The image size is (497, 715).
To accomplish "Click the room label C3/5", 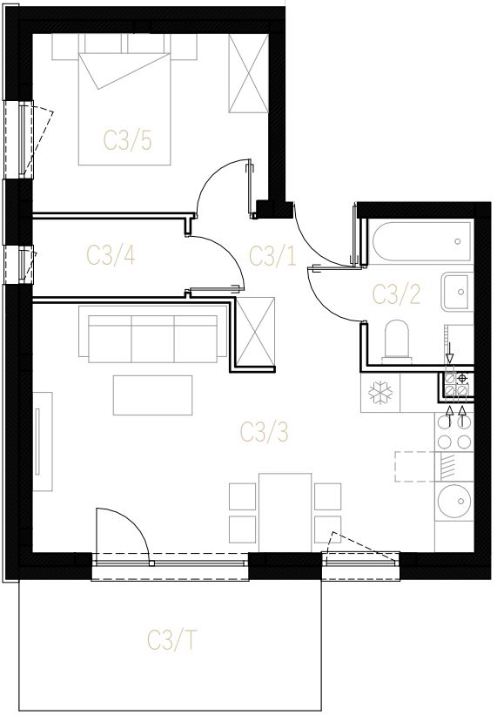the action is (128, 140).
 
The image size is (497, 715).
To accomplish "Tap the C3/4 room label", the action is (111, 255).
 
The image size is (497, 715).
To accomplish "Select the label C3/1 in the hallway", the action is (272, 255).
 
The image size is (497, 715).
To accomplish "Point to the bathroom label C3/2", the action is (396, 294).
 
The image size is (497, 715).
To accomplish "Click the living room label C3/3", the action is (265, 432).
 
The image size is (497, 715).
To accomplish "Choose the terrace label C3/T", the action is (172, 640).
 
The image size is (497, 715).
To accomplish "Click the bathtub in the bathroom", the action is (422, 241).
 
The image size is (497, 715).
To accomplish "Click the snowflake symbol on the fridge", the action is (379, 393).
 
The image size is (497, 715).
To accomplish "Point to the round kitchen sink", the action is (454, 501).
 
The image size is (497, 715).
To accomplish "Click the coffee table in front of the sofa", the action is (152, 395).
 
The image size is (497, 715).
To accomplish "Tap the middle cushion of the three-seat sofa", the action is (153, 339).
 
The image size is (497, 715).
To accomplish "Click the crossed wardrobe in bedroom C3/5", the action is (249, 73).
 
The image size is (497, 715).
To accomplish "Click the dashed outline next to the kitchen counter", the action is (415, 467).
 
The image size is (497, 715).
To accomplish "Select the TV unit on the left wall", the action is (43, 442).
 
